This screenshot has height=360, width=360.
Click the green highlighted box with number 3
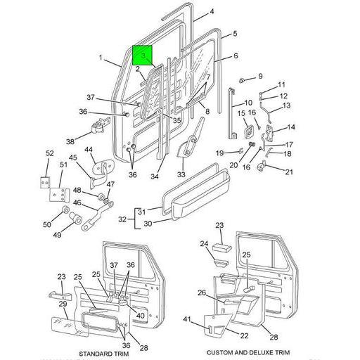(143, 55)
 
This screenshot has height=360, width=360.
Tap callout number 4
(212, 12)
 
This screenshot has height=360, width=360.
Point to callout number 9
(259, 76)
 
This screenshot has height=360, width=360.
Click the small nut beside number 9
(243, 79)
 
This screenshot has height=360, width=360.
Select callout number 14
(291, 127)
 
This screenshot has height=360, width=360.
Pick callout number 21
(288, 172)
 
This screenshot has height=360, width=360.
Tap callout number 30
(148, 224)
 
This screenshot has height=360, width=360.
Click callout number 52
(49, 153)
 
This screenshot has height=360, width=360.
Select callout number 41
(186, 320)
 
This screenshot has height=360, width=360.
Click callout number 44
(89, 150)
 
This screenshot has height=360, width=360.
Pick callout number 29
(63, 304)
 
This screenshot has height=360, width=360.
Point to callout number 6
(236, 56)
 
